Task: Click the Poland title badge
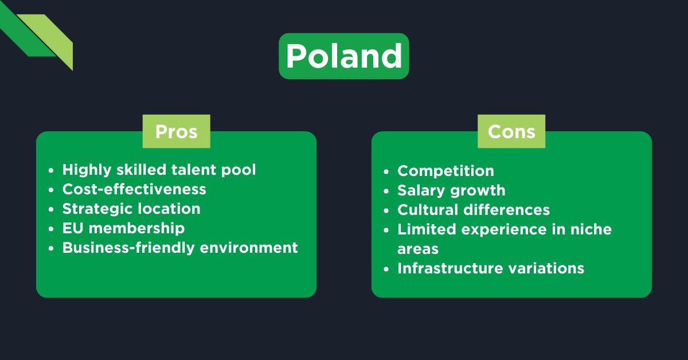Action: [x=343, y=56]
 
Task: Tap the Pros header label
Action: [x=176, y=131]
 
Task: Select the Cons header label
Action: [x=511, y=131]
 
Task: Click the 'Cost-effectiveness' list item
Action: [x=134, y=189]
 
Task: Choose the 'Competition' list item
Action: [x=445, y=171]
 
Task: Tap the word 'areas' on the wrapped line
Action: [x=418, y=249]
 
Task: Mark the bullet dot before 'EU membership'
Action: [x=52, y=229]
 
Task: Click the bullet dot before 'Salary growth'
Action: [x=387, y=191]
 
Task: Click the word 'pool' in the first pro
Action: [x=240, y=170]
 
